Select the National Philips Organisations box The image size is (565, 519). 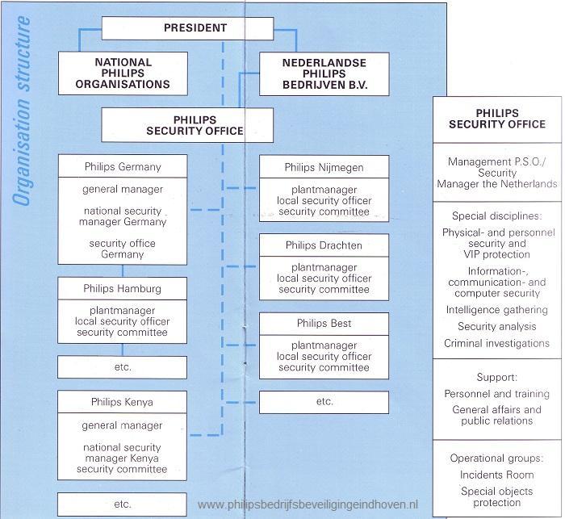coord(123,73)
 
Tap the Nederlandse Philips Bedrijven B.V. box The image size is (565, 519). coord(324,73)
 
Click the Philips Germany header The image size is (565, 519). coord(123,167)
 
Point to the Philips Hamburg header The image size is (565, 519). coord(123,288)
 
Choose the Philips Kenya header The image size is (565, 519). coord(123,401)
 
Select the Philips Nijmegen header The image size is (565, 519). coord(324,167)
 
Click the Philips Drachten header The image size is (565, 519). coord(324,245)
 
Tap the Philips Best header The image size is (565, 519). coord(324,324)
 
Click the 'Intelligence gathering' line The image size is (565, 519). coord(496,309)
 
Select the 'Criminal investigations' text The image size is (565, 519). coord(496,343)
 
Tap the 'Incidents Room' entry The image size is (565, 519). coord(496,475)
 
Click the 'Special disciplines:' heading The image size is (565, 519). coord(496,216)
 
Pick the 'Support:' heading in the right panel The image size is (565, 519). coord(496,377)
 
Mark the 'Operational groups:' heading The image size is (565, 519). coord(496,458)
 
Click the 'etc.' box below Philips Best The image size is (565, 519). coord(324,401)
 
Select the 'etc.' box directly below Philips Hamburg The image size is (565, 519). coord(123,366)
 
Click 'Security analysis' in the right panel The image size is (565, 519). coord(496,326)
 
